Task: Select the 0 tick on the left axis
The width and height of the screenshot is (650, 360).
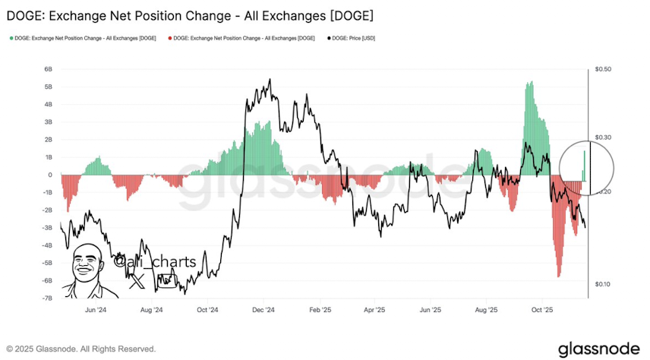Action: [x=49, y=175]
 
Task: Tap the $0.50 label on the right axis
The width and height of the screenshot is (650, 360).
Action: [x=603, y=69]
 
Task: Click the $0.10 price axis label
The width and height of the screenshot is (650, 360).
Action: [x=603, y=284]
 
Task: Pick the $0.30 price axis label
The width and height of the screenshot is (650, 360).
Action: [x=603, y=137]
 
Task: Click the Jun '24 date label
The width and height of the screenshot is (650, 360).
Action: [x=96, y=310]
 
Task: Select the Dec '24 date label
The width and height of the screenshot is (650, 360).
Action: [x=263, y=310]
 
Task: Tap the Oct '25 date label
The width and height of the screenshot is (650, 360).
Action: [x=541, y=310]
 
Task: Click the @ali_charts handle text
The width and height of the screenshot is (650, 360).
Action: [x=155, y=262]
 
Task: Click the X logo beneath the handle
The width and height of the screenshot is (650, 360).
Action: [x=137, y=282]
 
